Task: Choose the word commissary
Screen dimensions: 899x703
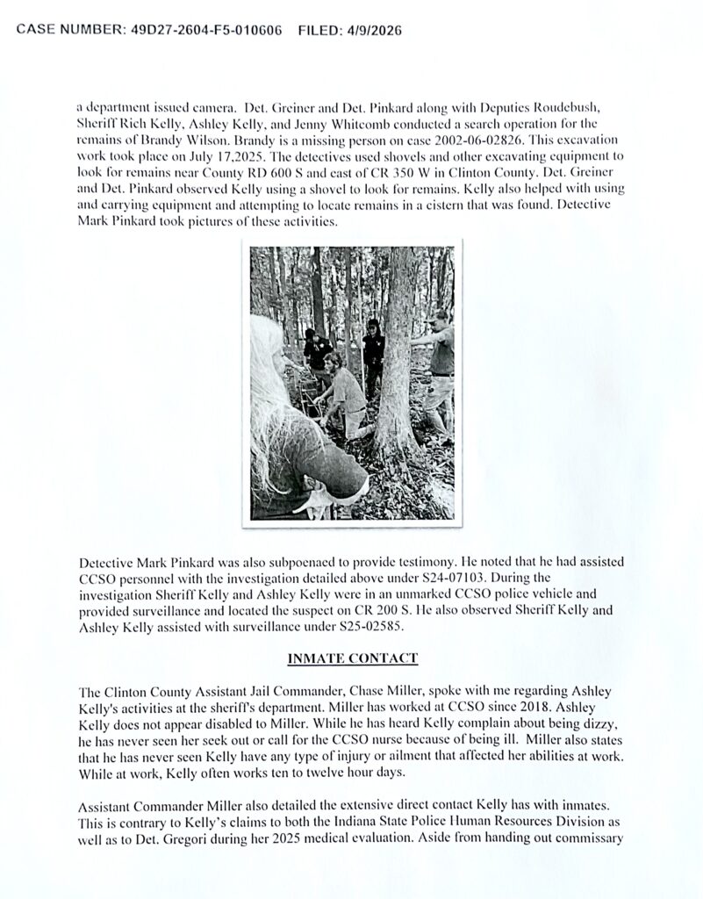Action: tap(582, 850)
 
